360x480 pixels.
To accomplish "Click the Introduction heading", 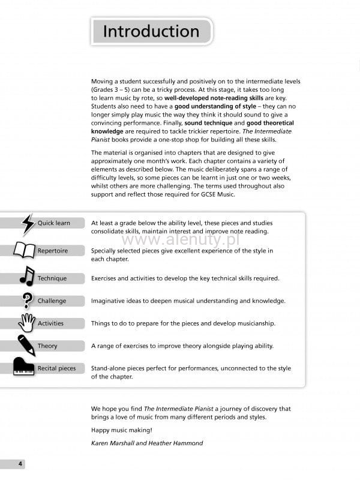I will [x=151, y=31].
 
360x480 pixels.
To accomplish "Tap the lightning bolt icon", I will [x=28, y=224].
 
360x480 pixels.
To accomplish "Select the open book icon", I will [x=25, y=250].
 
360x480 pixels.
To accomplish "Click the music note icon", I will [x=27, y=276].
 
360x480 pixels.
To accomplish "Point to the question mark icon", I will [x=27, y=300].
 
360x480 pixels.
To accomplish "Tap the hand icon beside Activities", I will [x=27, y=323].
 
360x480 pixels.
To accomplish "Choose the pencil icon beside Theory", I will [x=26, y=345].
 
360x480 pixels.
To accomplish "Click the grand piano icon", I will [x=24, y=367].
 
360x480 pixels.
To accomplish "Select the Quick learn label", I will [x=54, y=223].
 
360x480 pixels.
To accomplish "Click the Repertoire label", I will [x=53, y=250].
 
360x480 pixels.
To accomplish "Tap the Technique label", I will [x=52, y=278].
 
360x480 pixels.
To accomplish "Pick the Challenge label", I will [x=52, y=301].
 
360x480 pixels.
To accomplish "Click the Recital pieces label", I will [x=56, y=368].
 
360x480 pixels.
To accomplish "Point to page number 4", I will [x=20, y=464].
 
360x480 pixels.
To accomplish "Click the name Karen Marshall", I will [x=114, y=443].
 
